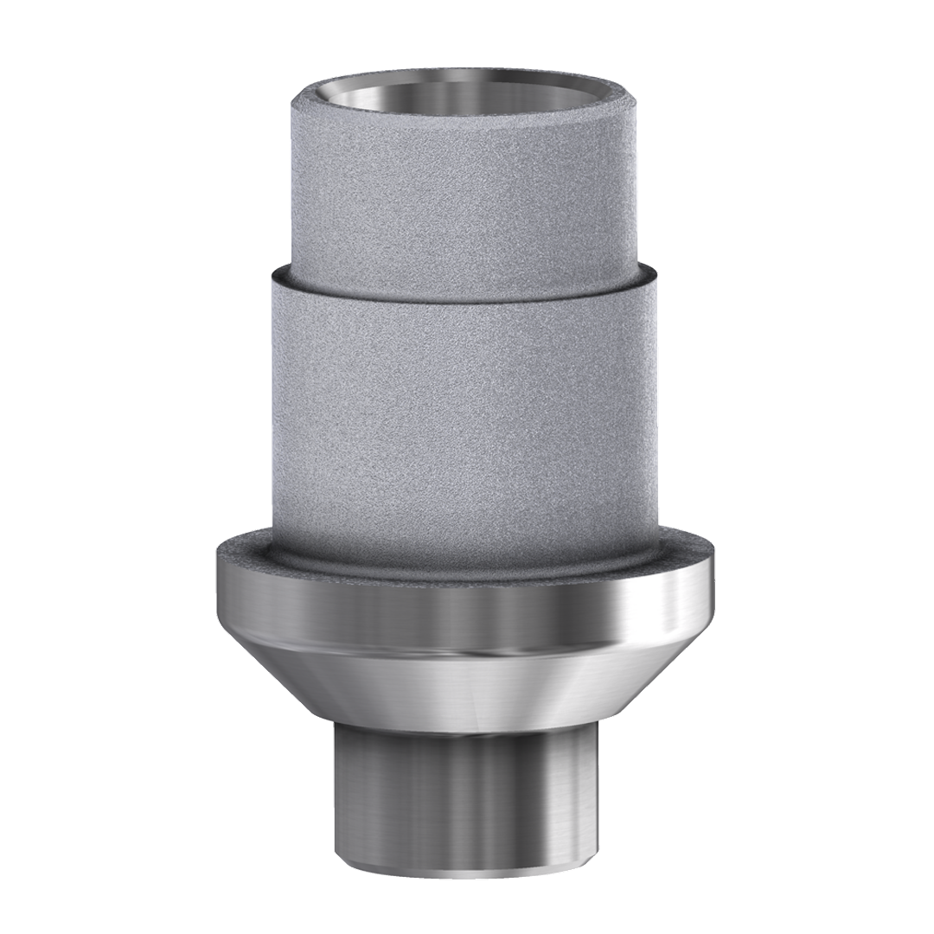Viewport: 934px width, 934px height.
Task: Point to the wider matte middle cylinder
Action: pos(467,389)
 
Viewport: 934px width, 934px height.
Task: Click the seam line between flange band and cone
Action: pos(467,650)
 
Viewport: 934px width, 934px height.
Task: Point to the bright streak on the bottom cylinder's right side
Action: pos(571,796)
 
